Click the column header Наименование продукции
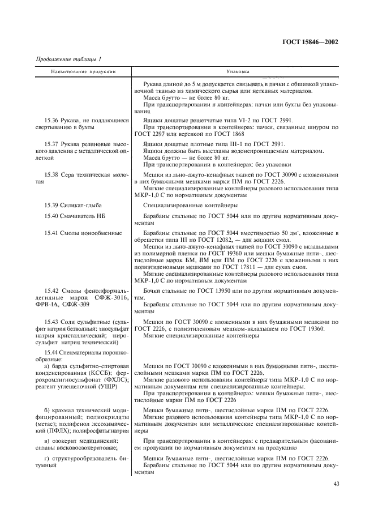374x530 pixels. click(x=83, y=72)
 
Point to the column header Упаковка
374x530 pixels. click(x=234, y=72)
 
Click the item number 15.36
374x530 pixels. click(x=51, y=120)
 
